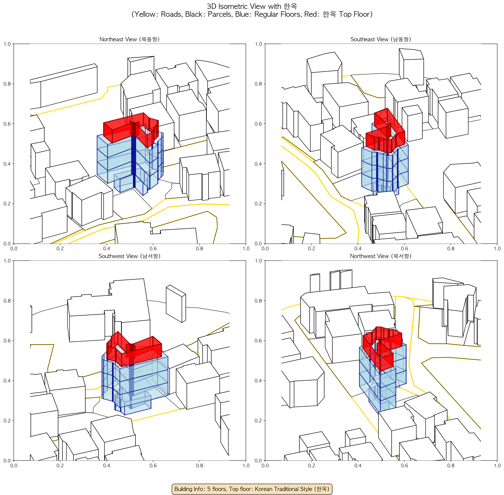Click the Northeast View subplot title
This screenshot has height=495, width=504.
coord(129,39)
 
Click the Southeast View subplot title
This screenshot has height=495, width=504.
coord(381,39)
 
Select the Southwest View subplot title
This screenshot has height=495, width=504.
coord(129,256)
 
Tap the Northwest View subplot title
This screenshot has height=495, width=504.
coord(381,256)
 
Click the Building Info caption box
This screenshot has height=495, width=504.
coord(252,489)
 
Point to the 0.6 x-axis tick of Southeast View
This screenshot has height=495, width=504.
coord(404,249)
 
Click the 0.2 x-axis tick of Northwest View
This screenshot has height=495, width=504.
coord(311,465)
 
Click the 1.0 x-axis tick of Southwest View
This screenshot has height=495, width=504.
coord(246,465)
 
